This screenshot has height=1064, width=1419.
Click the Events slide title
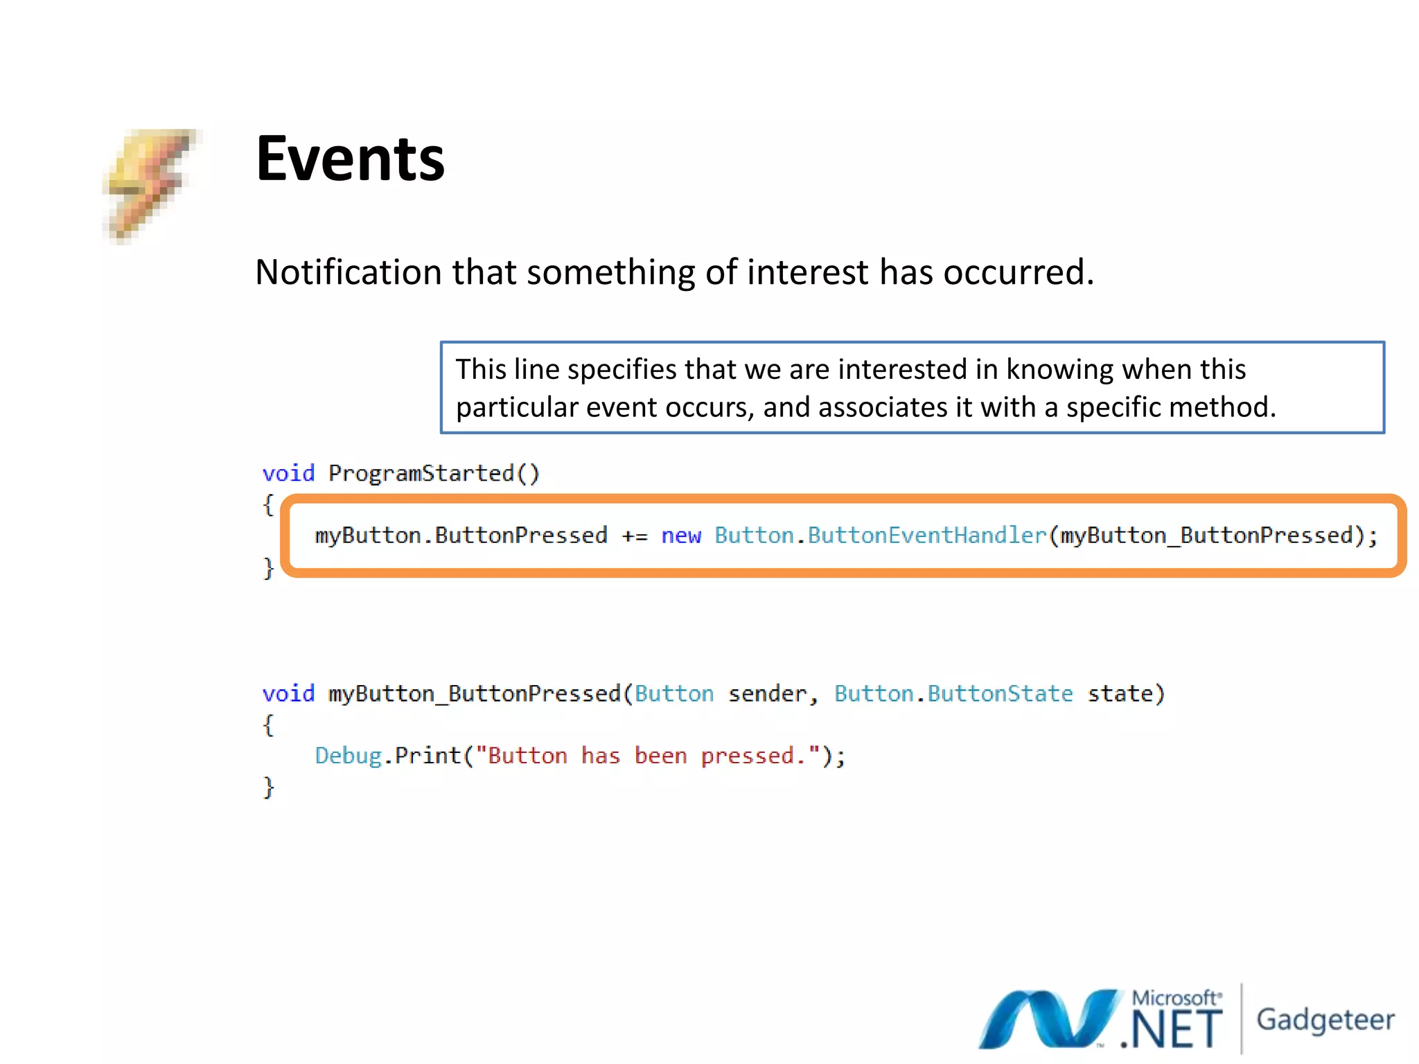(x=350, y=159)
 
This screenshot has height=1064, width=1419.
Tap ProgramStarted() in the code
(x=434, y=473)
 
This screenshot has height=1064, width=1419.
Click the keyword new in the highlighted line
(x=681, y=535)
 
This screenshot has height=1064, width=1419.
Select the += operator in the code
(x=634, y=535)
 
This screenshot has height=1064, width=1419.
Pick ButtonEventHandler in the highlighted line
(x=927, y=535)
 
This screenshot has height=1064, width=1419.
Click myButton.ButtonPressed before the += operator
(x=461, y=535)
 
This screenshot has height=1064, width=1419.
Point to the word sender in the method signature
(x=768, y=693)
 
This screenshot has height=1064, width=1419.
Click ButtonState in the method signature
(x=1000, y=693)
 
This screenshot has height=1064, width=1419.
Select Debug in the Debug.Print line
(x=348, y=755)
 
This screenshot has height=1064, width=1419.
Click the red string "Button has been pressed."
(x=648, y=755)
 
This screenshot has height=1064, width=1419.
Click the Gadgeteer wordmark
(x=1325, y=1020)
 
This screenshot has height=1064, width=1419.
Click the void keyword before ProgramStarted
(x=288, y=473)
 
